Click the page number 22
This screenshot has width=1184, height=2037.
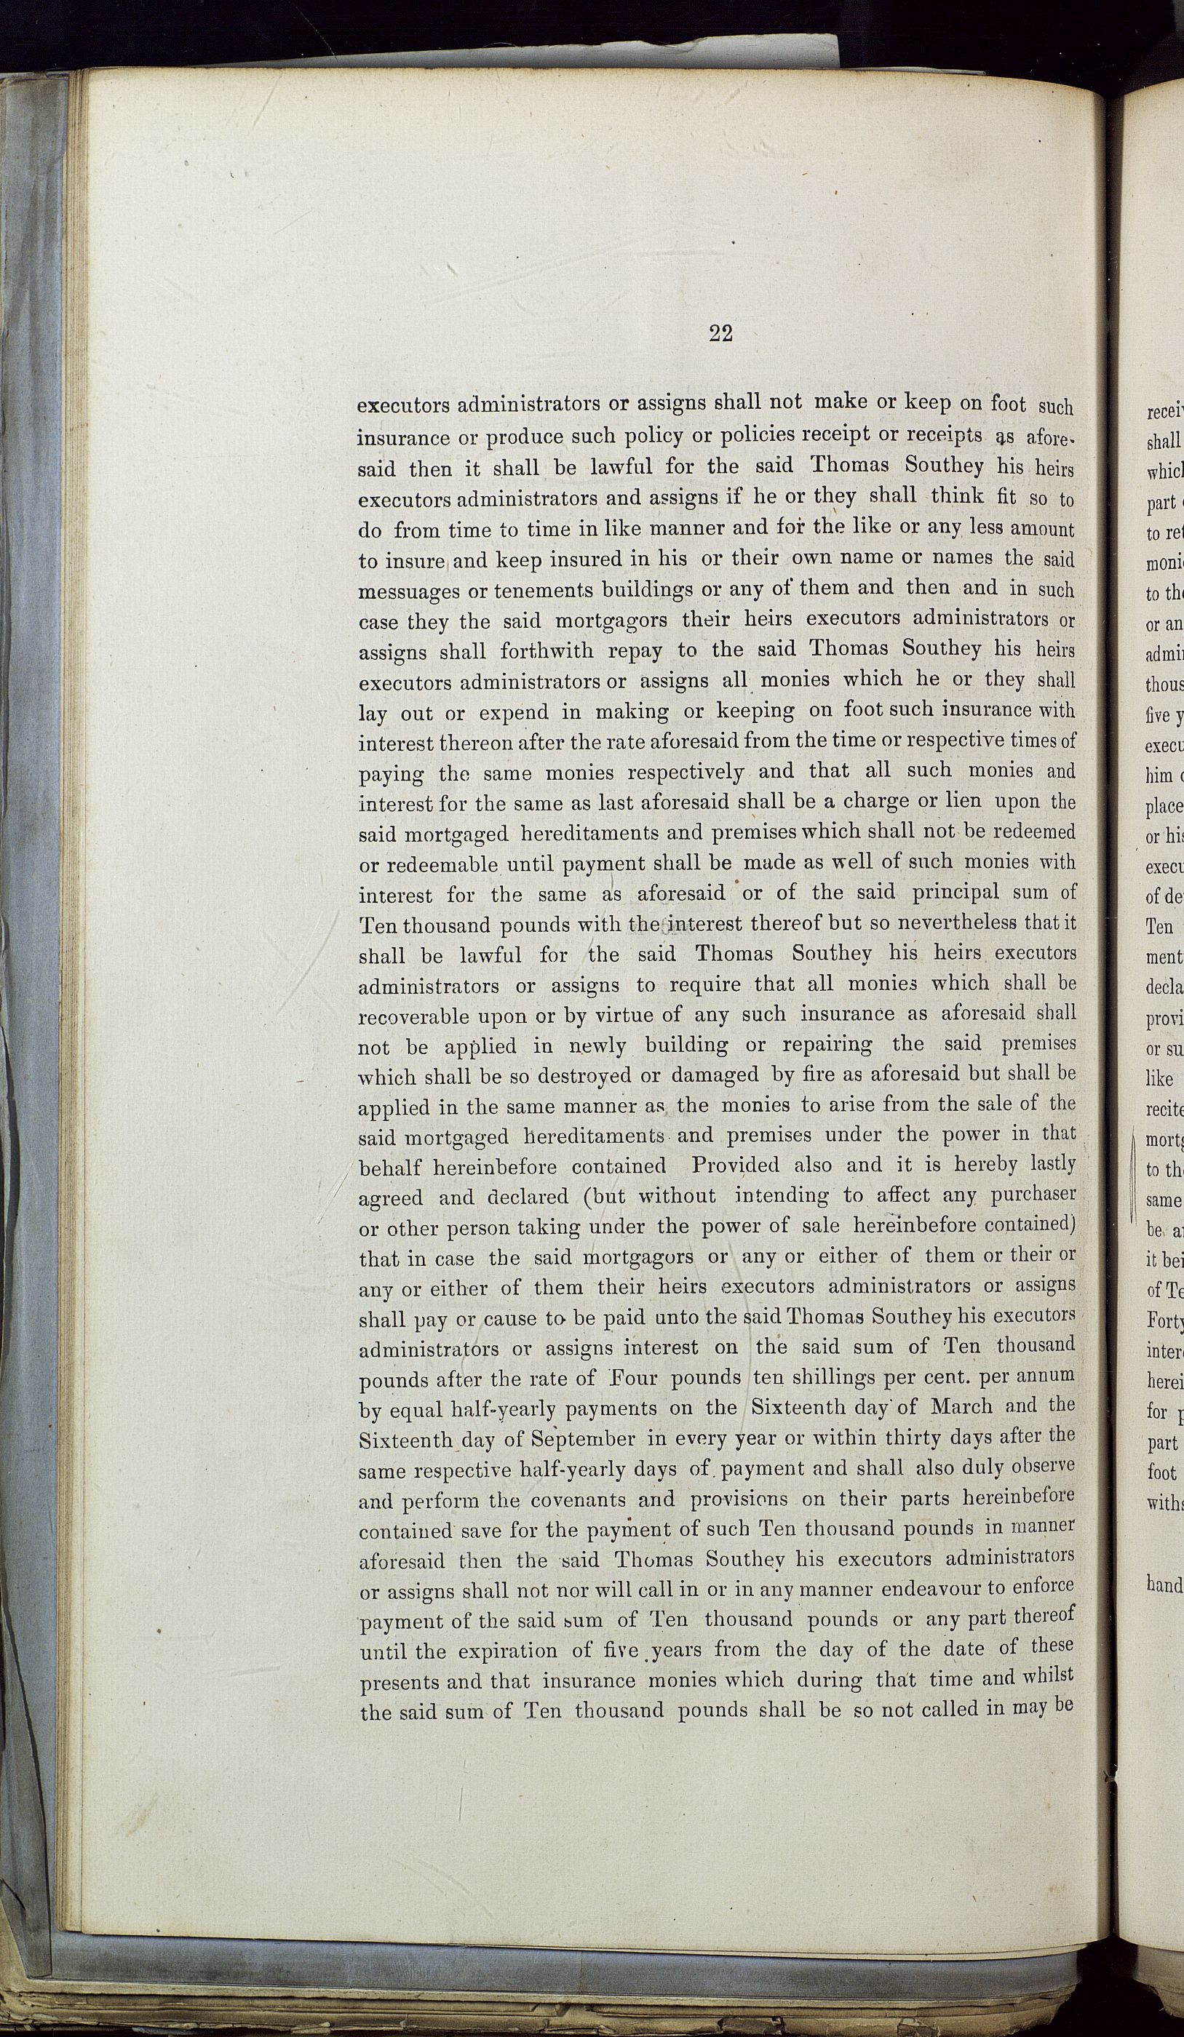coord(720,333)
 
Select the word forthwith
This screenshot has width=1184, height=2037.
coord(547,652)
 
